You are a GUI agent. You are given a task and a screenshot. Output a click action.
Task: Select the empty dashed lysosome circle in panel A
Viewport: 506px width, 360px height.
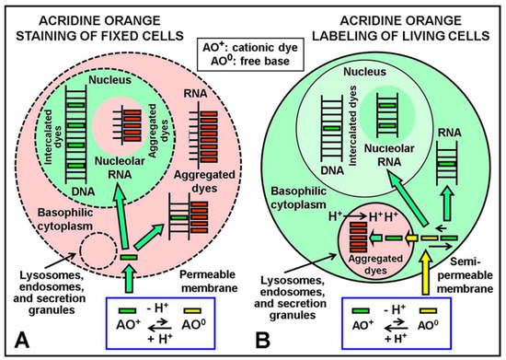click(97, 251)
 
